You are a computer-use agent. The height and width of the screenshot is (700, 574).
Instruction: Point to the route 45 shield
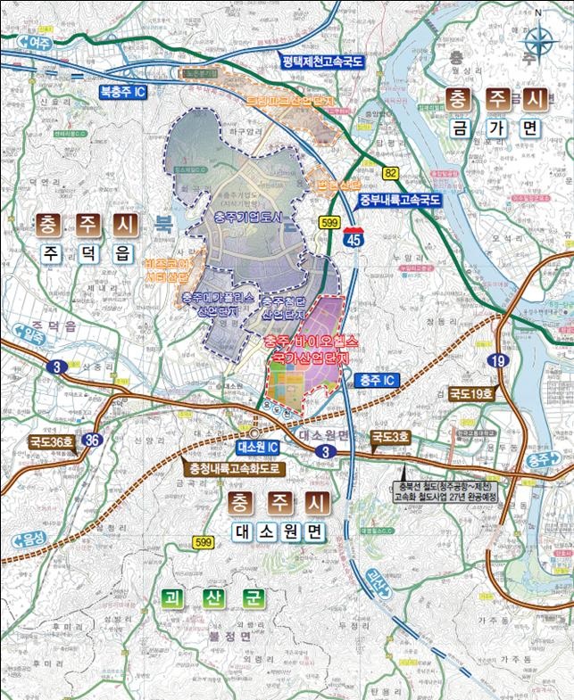tap(354, 237)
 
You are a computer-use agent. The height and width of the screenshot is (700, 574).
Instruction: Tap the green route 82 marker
tap(390, 172)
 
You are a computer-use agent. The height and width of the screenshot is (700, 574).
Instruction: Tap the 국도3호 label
tap(391, 437)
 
